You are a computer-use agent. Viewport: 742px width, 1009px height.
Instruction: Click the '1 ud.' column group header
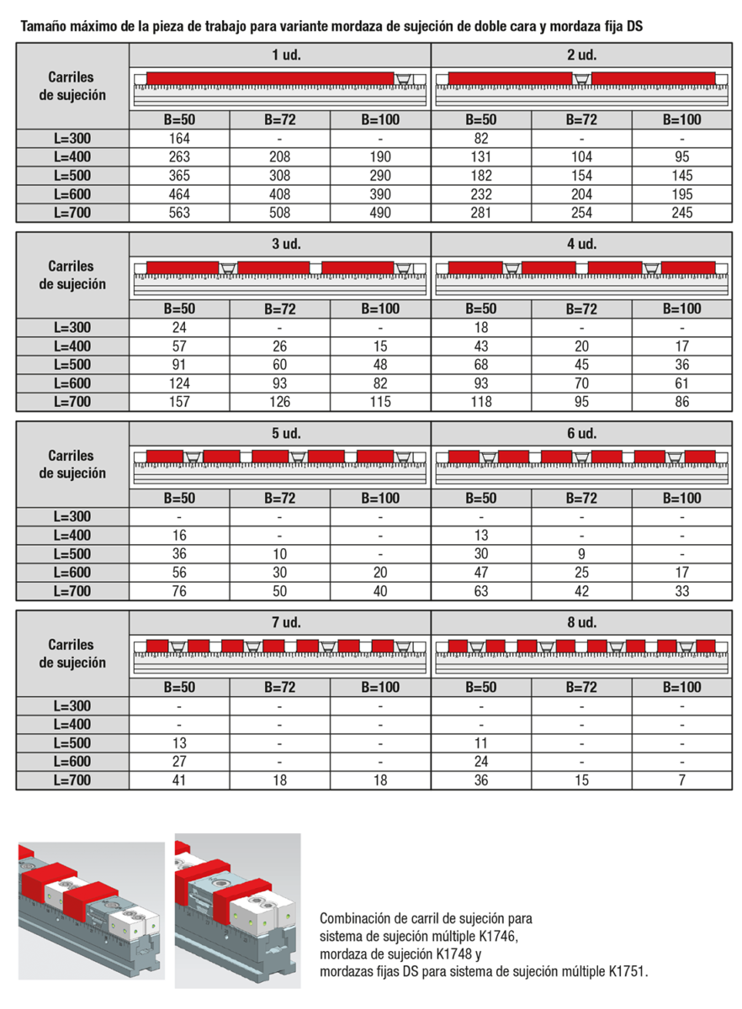tap(280, 55)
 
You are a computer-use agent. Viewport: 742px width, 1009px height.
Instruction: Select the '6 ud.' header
tap(581, 434)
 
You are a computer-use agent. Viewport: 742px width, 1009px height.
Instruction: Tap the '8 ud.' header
tap(581, 623)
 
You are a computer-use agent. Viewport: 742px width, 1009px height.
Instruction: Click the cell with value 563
tap(179, 213)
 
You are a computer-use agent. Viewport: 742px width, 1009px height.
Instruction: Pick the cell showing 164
tap(179, 139)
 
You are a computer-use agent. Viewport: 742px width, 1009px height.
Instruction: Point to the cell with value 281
tap(481, 213)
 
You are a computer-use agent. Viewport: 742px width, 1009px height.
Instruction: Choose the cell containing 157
tap(179, 402)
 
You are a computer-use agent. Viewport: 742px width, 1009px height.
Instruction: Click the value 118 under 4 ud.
tap(481, 402)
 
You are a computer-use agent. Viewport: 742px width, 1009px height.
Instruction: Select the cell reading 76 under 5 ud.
tap(179, 591)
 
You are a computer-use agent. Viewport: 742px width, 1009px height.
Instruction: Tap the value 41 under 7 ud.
tap(179, 780)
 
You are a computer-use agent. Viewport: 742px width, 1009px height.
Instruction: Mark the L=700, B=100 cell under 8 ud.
tap(682, 780)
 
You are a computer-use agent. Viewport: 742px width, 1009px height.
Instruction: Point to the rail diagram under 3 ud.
tap(280, 277)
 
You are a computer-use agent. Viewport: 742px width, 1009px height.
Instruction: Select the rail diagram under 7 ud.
tap(280, 655)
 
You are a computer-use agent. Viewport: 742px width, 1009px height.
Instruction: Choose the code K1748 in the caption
tap(456, 954)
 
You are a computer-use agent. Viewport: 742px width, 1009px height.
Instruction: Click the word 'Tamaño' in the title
tap(42, 27)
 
